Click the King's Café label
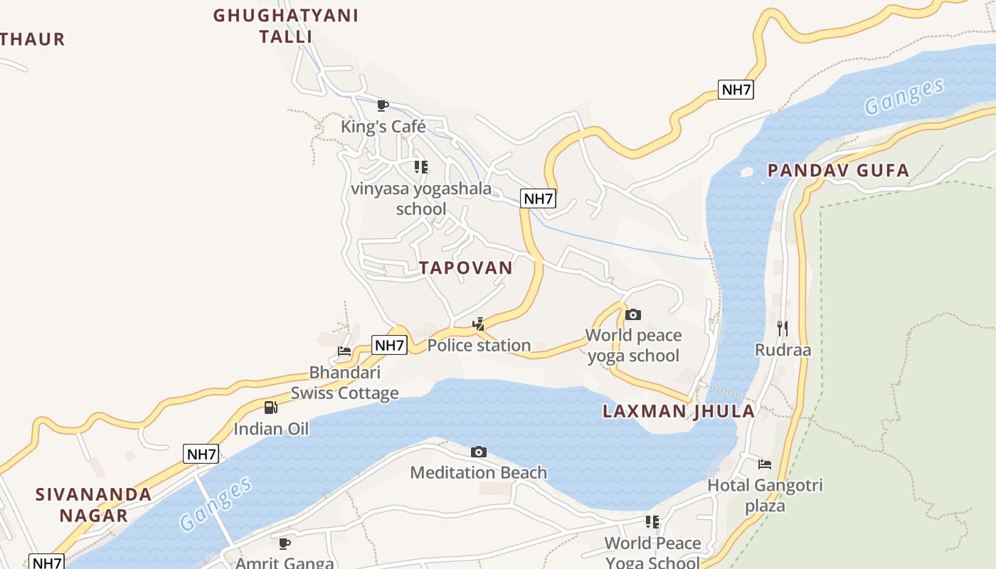383,127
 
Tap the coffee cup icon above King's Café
383,106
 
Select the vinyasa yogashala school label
421,198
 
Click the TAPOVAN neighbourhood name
466,267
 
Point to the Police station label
479,345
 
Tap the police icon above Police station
479,324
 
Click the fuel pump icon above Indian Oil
271,408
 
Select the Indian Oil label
271,429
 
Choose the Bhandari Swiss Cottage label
344,383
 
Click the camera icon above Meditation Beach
479,452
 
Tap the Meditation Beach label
479,472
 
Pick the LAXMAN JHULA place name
678,411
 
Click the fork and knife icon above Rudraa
783,328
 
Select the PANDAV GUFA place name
839,170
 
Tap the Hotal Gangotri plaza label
765,496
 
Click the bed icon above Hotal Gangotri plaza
765,464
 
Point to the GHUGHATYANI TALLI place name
286,26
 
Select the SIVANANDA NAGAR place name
94,504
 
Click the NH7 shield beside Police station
389,346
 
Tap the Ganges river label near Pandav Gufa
904,97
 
